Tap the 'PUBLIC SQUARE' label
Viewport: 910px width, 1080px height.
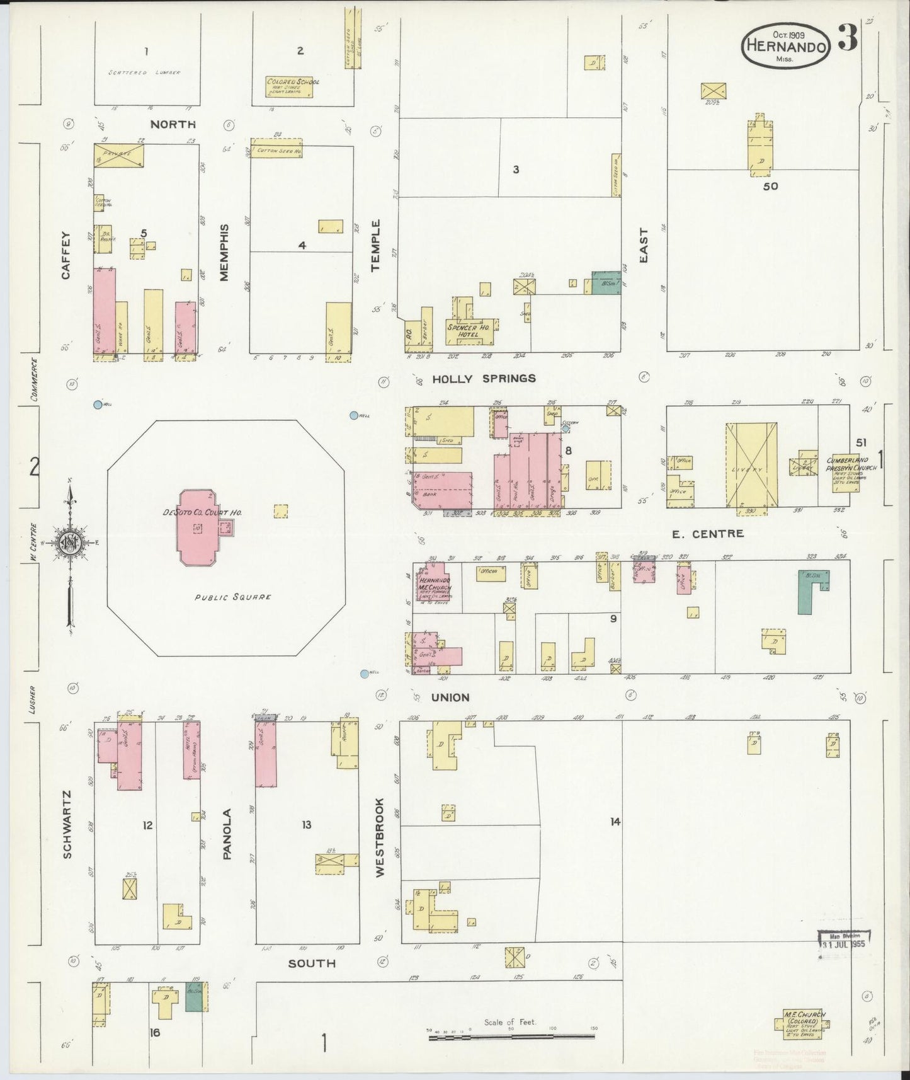click(232, 597)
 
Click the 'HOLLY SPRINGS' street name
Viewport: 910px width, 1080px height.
click(484, 379)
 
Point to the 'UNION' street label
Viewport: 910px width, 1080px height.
click(450, 698)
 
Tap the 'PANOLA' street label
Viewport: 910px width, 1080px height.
click(227, 834)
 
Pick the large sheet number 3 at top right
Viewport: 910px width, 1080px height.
click(847, 40)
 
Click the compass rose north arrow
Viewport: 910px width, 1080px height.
click(69, 542)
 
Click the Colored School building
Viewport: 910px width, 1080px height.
click(290, 87)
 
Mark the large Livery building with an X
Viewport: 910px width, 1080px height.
click(751, 464)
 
